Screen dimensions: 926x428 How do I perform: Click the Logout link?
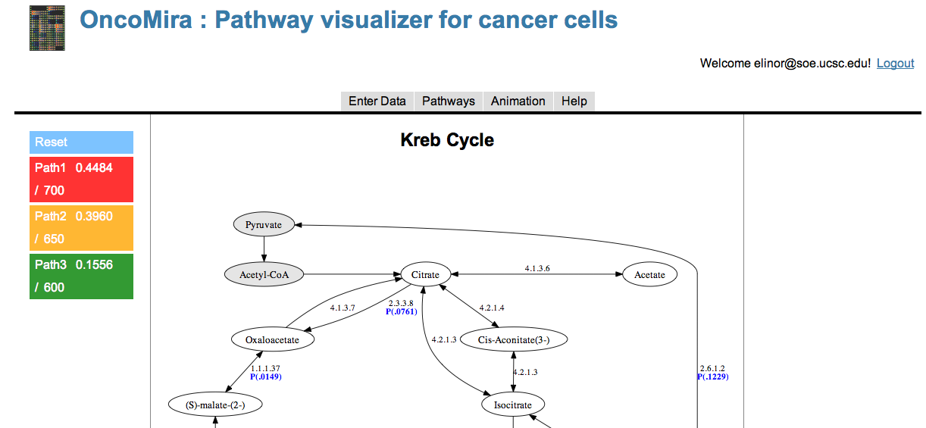895,63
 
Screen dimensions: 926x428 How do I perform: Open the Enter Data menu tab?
377,102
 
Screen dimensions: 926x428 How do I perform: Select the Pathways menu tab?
449,102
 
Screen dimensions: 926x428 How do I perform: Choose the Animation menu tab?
518,102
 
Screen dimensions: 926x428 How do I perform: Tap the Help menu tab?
574,102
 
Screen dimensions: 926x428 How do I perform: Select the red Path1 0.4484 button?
81,180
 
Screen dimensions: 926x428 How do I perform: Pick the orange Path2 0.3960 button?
81,227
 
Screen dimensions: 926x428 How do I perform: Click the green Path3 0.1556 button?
81,276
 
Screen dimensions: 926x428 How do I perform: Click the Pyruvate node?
264,225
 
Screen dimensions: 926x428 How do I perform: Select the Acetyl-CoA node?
264,274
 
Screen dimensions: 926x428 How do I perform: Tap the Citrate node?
425,274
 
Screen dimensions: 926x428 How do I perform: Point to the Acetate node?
650,274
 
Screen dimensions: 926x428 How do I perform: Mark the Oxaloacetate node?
273,339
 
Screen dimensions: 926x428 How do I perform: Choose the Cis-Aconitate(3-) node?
514,339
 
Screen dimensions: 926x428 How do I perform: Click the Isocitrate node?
513,405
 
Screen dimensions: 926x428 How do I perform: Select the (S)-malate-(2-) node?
215,405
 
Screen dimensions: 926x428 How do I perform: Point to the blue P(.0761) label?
402,311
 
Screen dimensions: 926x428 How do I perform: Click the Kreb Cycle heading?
447,140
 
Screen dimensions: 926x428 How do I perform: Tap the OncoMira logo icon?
47,28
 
